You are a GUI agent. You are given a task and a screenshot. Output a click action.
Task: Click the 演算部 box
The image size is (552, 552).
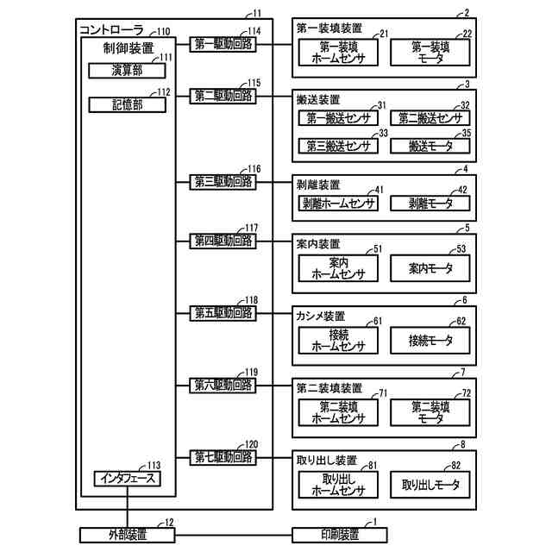(x=127, y=71)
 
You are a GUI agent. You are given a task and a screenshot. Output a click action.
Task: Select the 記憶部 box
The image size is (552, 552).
(x=127, y=104)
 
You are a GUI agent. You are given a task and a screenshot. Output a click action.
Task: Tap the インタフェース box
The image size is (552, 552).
(x=127, y=477)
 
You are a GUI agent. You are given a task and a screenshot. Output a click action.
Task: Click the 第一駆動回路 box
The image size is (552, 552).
(x=223, y=44)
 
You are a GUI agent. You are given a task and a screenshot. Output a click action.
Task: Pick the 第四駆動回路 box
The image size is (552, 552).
(x=223, y=241)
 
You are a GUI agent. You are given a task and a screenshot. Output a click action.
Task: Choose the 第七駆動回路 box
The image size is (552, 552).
(x=223, y=456)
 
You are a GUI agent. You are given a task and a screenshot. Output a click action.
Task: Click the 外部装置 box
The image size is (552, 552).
(x=127, y=535)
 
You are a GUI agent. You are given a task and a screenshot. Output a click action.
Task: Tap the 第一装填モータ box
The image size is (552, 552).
(x=431, y=53)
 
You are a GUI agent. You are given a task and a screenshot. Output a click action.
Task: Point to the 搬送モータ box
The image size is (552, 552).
(x=431, y=146)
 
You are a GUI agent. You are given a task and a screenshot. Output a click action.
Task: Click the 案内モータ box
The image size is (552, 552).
(x=431, y=268)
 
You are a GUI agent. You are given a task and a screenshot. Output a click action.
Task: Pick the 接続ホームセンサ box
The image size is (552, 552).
(x=338, y=340)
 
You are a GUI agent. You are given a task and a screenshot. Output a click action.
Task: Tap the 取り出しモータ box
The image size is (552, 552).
(x=431, y=484)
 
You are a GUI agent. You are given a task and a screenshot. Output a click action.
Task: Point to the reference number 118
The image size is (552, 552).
(x=251, y=300)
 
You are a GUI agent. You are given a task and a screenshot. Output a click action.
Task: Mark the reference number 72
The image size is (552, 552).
(x=466, y=393)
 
